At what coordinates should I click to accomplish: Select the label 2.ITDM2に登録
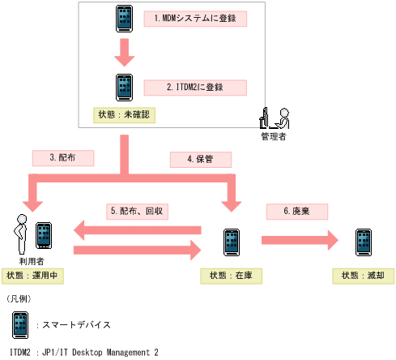(x=195, y=87)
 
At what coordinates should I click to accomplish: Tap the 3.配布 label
(x=62, y=157)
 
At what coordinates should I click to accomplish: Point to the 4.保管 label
(x=200, y=159)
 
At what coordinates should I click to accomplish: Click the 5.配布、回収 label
(x=138, y=211)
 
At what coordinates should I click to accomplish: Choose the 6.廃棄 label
(x=296, y=211)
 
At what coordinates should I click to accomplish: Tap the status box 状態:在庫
(x=232, y=276)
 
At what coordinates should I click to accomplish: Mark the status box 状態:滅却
(x=363, y=276)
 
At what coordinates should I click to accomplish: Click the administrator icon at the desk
(x=275, y=118)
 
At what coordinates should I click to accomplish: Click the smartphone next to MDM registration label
(x=124, y=19)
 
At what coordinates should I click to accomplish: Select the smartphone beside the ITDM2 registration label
(x=124, y=87)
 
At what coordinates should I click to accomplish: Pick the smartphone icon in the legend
(x=20, y=324)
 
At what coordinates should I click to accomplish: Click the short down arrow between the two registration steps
(x=124, y=53)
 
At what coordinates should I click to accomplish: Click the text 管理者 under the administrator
(x=273, y=136)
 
